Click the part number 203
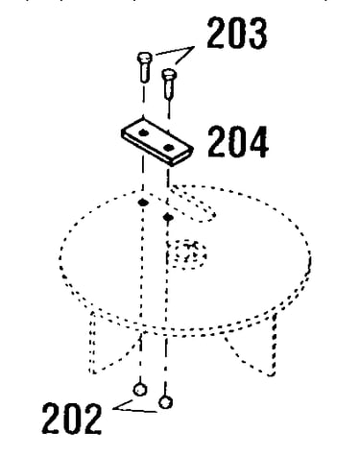[237, 33]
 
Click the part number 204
[238, 142]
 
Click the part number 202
[72, 419]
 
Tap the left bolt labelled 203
[144, 66]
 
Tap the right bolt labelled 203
[169, 84]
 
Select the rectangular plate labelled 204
[157, 142]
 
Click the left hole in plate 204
[143, 132]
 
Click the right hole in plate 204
[168, 148]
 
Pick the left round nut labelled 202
[140, 390]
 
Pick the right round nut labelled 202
[165, 402]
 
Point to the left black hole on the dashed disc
[143, 203]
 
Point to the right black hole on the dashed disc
[168, 218]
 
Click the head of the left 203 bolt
[145, 58]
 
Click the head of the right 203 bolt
[169, 74]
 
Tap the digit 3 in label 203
[256, 34]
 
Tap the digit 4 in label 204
[258, 142]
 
